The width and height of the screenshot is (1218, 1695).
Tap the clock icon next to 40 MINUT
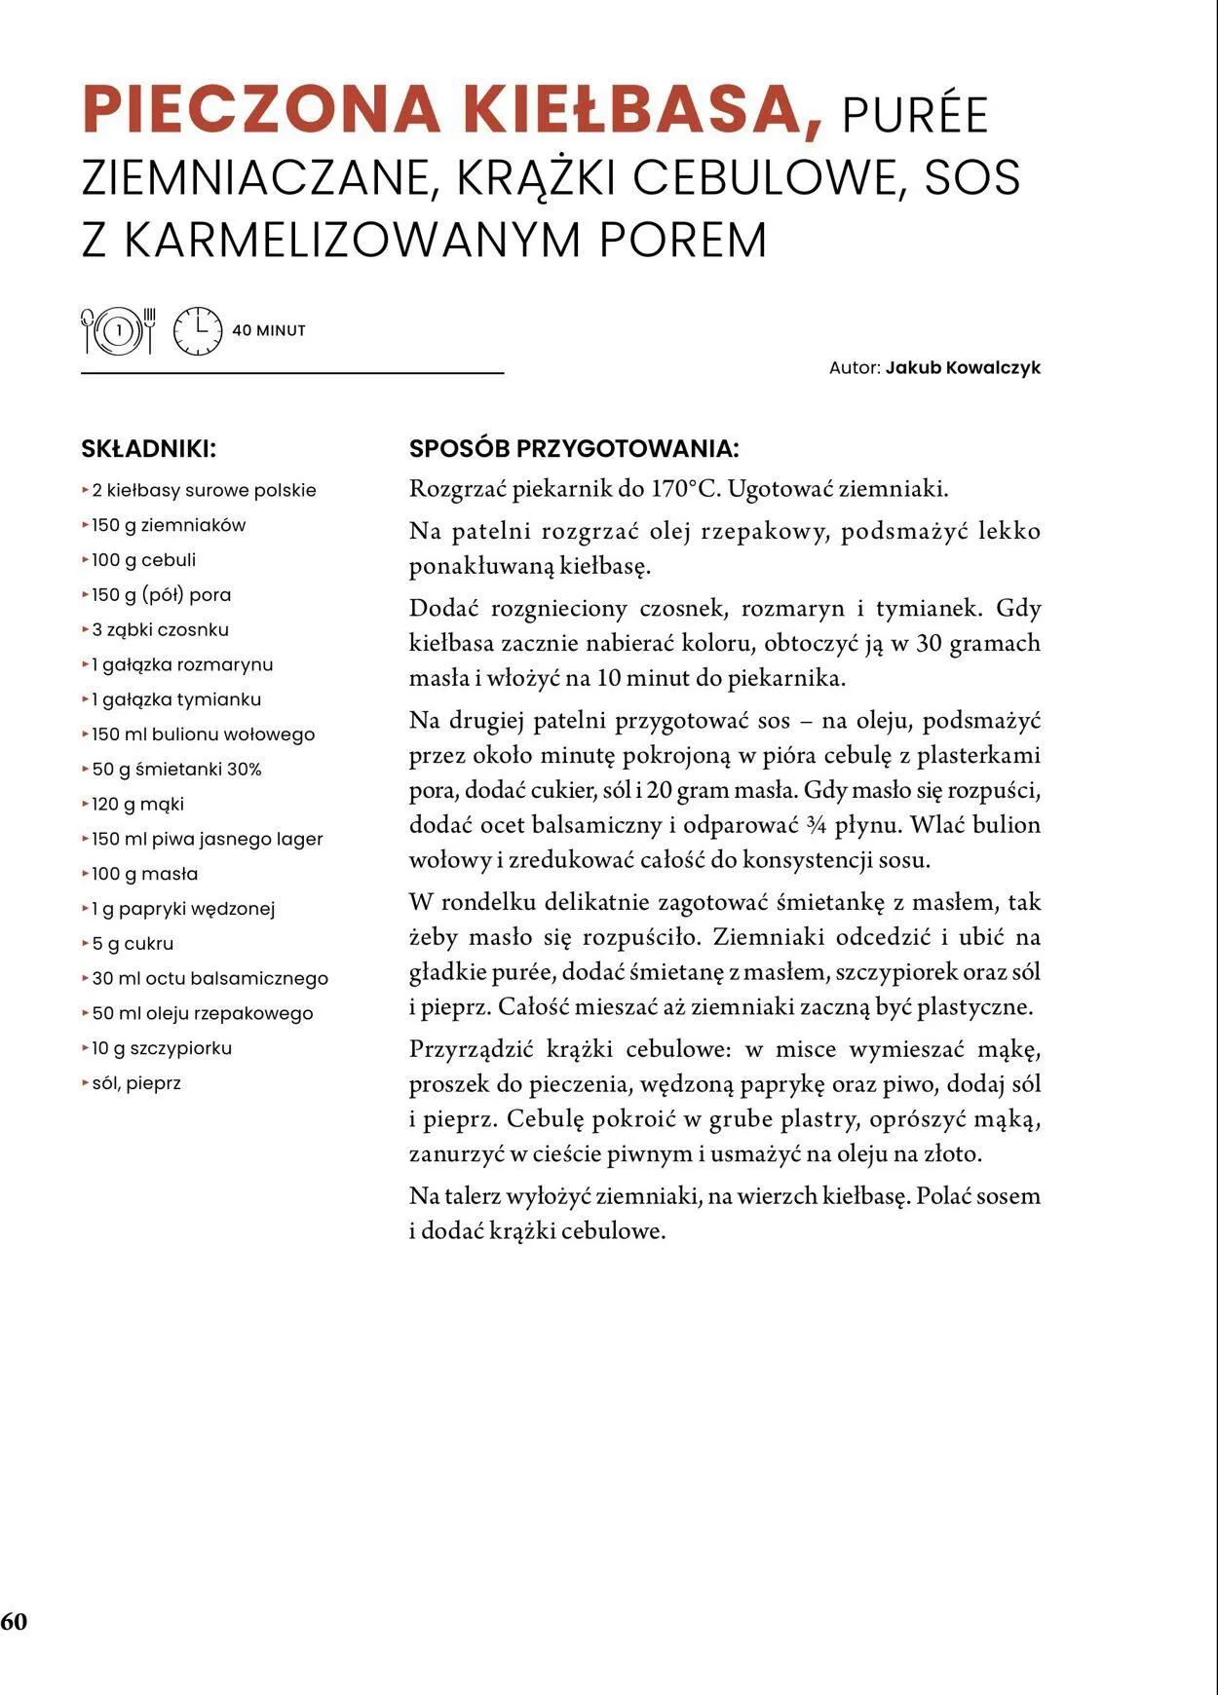pos(198,331)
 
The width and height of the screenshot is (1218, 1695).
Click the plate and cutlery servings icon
pos(118,331)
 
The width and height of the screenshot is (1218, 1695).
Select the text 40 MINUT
pos(269,331)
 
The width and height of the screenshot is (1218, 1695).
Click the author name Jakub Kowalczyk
pos(963,368)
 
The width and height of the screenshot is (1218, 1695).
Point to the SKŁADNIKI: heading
pos(148,449)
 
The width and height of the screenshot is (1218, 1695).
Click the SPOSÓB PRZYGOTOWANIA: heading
pos(574,449)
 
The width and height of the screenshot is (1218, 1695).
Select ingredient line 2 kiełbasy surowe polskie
pos(204,490)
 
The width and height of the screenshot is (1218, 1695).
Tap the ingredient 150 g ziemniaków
pos(169,525)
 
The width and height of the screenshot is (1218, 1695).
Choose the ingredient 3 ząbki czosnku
pos(160,629)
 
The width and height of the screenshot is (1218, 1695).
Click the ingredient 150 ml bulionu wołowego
pos(203,734)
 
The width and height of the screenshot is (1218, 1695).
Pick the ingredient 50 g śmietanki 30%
pos(176,770)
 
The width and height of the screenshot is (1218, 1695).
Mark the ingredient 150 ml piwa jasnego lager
pos(207,839)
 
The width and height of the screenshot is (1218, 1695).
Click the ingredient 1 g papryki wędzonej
pos(183,909)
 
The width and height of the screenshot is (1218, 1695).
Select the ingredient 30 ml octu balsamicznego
pos(209,978)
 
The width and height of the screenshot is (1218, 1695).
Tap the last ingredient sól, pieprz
pos(136,1083)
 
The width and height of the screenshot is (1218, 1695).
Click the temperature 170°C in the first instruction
pos(685,489)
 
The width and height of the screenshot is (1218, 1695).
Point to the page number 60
pos(15,1622)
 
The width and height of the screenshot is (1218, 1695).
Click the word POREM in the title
pos(683,241)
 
